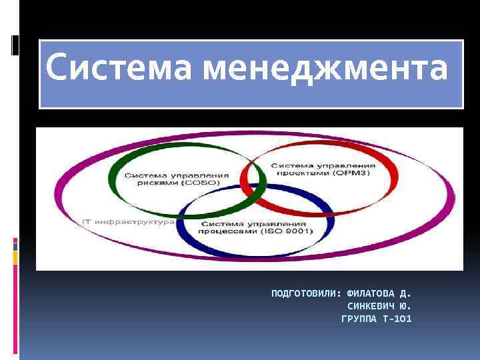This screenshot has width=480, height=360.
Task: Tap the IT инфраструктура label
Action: [128, 221]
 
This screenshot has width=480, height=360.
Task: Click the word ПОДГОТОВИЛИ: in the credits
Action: [306, 293]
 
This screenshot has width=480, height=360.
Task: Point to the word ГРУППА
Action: [359, 319]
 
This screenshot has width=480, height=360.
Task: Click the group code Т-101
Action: [398, 319]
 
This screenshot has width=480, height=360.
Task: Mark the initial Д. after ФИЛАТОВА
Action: [405, 293]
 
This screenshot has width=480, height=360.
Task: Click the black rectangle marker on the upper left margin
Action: [15, 44]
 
